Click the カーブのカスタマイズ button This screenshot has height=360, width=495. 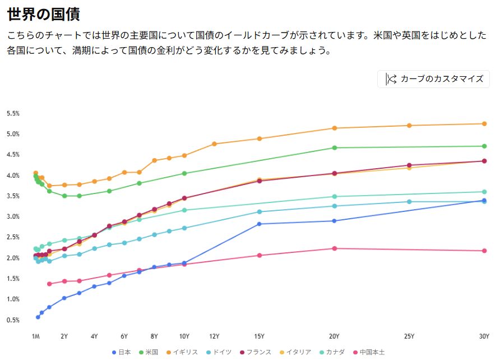coord(433,79)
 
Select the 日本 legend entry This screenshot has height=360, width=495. coord(122,352)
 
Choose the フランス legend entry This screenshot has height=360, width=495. coord(256,352)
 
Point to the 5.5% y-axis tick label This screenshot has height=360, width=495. coord(13,113)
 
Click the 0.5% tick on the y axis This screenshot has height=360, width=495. coord(13,320)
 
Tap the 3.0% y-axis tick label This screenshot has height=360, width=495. coord(13,216)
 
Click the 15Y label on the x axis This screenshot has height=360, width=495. coord(259,336)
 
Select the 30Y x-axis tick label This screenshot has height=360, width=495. coord(484,336)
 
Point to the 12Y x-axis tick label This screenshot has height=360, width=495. coord(214,336)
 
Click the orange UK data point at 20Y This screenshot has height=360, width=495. coord(335,128)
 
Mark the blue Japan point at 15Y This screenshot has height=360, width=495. coord(259,224)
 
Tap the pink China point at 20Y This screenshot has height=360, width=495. coord(335,248)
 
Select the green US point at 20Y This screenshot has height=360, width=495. coord(335,148)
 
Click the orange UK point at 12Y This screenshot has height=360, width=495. coord(214,144)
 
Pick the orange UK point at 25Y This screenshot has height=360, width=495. coord(409,126)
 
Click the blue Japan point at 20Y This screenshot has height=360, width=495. coord(335,221)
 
